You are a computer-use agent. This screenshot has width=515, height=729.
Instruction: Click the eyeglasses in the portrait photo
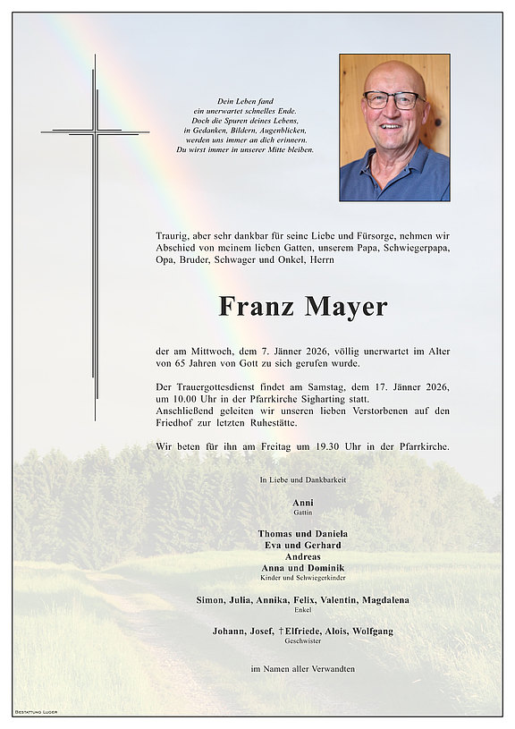[x=393, y=99]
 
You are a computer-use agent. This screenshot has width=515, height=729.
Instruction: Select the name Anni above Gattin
[x=302, y=504]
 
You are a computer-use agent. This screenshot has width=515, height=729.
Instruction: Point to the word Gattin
[x=302, y=514]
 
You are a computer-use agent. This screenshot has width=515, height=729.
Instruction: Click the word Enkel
[x=302, y=610]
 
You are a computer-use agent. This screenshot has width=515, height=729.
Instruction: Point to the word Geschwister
[x=302, y=641]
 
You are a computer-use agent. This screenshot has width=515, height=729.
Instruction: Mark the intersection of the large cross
[x=95, y=133]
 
